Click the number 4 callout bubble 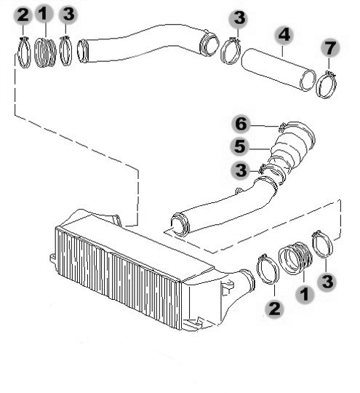pyautogui.click(x=284, y=35)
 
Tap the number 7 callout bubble pyautogui.click(x=330, y=48)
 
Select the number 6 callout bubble pyautogui.click(x=241, y=124)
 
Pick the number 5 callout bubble pyautogui.click(x=240, y=146)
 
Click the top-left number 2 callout pyautogui.click(x=23, y=15)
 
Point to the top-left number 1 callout pyautogui.click(x=44, y=14)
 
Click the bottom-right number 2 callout pyautogui.click(x=274, y=309)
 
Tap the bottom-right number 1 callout pyautogui.click(x=305, y=294)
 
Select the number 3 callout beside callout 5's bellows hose pyautogui.click(x=241, y=170)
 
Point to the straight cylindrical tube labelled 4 pyautogui.click(x=278, y=69)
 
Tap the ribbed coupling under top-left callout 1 pyautogui.click(x=45, y=52)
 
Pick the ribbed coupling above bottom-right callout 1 pyautogui.click(x=295, y=258)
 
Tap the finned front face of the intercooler pyautogui.click(x=118, y=278)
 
